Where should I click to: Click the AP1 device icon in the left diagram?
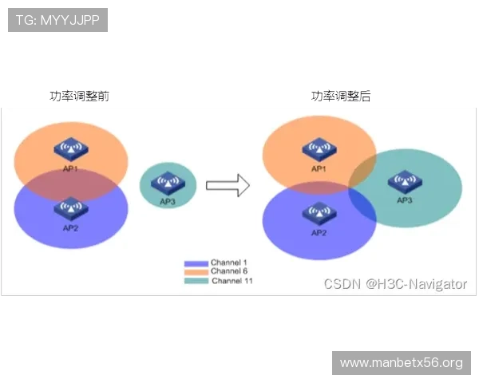click(71, 149)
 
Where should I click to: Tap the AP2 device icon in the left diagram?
click(71, 208)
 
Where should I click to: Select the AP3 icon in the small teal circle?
click(168, 183)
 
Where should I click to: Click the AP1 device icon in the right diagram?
click(319, 149)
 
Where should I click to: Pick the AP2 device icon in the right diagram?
click(319, 213)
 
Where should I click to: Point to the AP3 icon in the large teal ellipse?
click(405, 182)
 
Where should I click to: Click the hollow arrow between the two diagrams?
click(228, 185)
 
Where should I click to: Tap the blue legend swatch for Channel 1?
click(196, 263)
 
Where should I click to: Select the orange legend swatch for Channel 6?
click(196, 271)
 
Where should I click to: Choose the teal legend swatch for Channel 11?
click(196, 281)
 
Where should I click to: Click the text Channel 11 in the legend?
click(232, 281)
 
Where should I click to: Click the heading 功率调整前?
click(79, 96)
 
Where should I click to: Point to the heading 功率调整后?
click(341, 96)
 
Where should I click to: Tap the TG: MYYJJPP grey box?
click(57, 20)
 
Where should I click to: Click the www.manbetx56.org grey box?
click(402, 363)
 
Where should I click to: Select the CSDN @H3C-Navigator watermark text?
click(395, 284)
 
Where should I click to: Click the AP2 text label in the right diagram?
click(319, 233)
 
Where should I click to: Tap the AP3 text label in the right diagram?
click(405, 200)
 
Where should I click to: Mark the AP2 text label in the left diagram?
click(70, 228)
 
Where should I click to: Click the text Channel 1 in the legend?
click(229, 263)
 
